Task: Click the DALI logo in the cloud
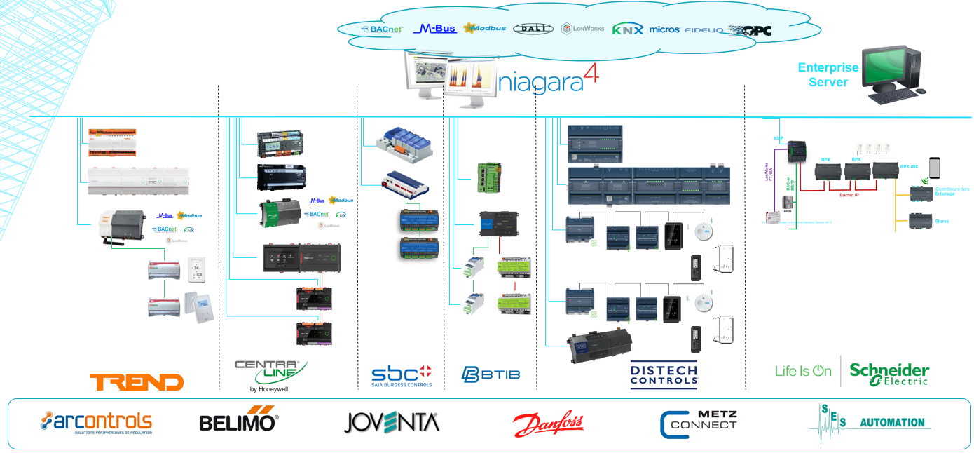pyautogui.click(x=533, y=29)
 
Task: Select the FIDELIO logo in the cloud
pyautogui.click(x=704, y=30)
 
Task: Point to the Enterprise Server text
pyautogui.click(x=828, y=75)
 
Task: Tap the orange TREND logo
pyautogui.click(x=137, y=382)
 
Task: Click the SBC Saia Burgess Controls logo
pyautogui.click(x=402, y=375)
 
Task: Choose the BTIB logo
pyautogui.click(x=491, y=374)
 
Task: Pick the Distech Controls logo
pyautogui.click(x=664, y=375)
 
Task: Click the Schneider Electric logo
pyautogui.click(x=889, y=373)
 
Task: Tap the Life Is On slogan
pyautogui.click(x=803, y=371)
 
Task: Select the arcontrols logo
pyautogui.click(x=96, y=422)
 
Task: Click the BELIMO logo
pyautogui.click(x=238, y=421)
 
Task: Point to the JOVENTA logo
pyautogui.click(x=391, y=422)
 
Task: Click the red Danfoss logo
pyautogui.click(x=549, y=424)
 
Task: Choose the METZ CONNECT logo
pyautogui.click(x=699, y=424)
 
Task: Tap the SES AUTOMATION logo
pyautogui.click(x=869, y=422)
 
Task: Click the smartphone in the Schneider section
pyautogui.click(x=934, y=168)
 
